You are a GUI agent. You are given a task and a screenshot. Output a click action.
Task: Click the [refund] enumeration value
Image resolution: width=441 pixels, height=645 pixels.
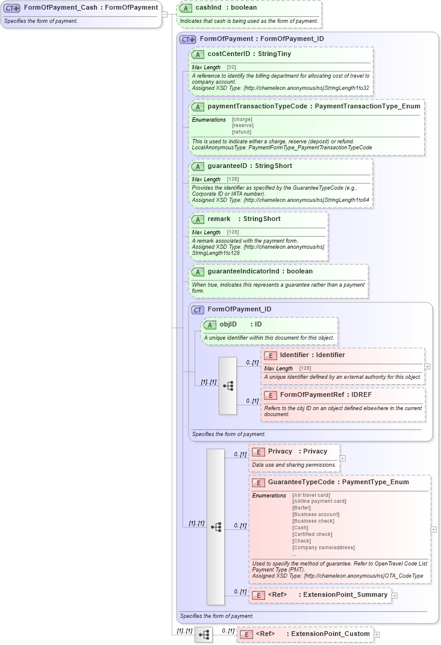(242, 132)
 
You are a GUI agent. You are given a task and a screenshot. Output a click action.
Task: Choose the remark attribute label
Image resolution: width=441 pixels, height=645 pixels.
(219, 219)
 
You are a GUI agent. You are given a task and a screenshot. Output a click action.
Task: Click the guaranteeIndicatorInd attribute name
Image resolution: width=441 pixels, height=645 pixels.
(243, 272)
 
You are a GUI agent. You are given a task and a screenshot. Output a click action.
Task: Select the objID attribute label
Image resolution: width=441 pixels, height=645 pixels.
(228, 325)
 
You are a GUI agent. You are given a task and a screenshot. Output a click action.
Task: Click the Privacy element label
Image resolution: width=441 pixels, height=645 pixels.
(280, 452)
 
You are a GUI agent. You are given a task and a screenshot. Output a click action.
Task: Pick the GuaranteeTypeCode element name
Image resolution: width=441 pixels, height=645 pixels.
(301, 482)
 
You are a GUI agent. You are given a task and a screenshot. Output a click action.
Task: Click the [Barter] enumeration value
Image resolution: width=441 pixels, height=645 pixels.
(301, 508)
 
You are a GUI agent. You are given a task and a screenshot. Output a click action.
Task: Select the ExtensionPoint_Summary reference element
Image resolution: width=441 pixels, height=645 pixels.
(345, 595)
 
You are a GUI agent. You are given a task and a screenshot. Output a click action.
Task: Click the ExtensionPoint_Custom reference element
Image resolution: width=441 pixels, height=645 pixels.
(330, 634)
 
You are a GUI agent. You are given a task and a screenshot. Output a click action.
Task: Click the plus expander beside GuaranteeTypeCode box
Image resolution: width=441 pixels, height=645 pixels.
(434, 529)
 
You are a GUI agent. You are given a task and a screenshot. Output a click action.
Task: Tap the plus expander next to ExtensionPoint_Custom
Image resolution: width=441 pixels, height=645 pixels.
(377, 634)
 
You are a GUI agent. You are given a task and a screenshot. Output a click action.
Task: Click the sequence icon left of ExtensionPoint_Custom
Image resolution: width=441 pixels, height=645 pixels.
(204, 634)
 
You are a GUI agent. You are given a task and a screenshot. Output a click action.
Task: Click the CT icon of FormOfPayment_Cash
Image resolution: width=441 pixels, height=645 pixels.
(12, 8)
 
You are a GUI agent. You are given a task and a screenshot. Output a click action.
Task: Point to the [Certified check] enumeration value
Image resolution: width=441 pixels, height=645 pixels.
(312, 534)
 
